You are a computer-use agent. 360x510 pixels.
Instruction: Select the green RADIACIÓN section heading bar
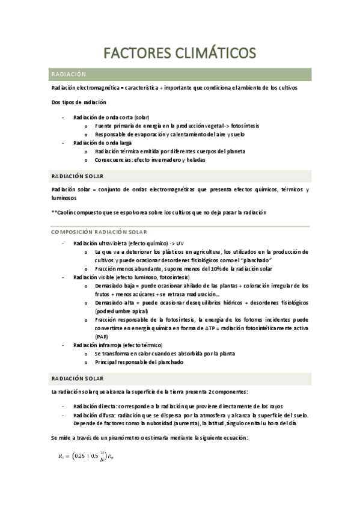pyautogui.click(x=180, y=74)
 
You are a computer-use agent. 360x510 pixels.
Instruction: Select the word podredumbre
pyautogui.click(x=115, y=312)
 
